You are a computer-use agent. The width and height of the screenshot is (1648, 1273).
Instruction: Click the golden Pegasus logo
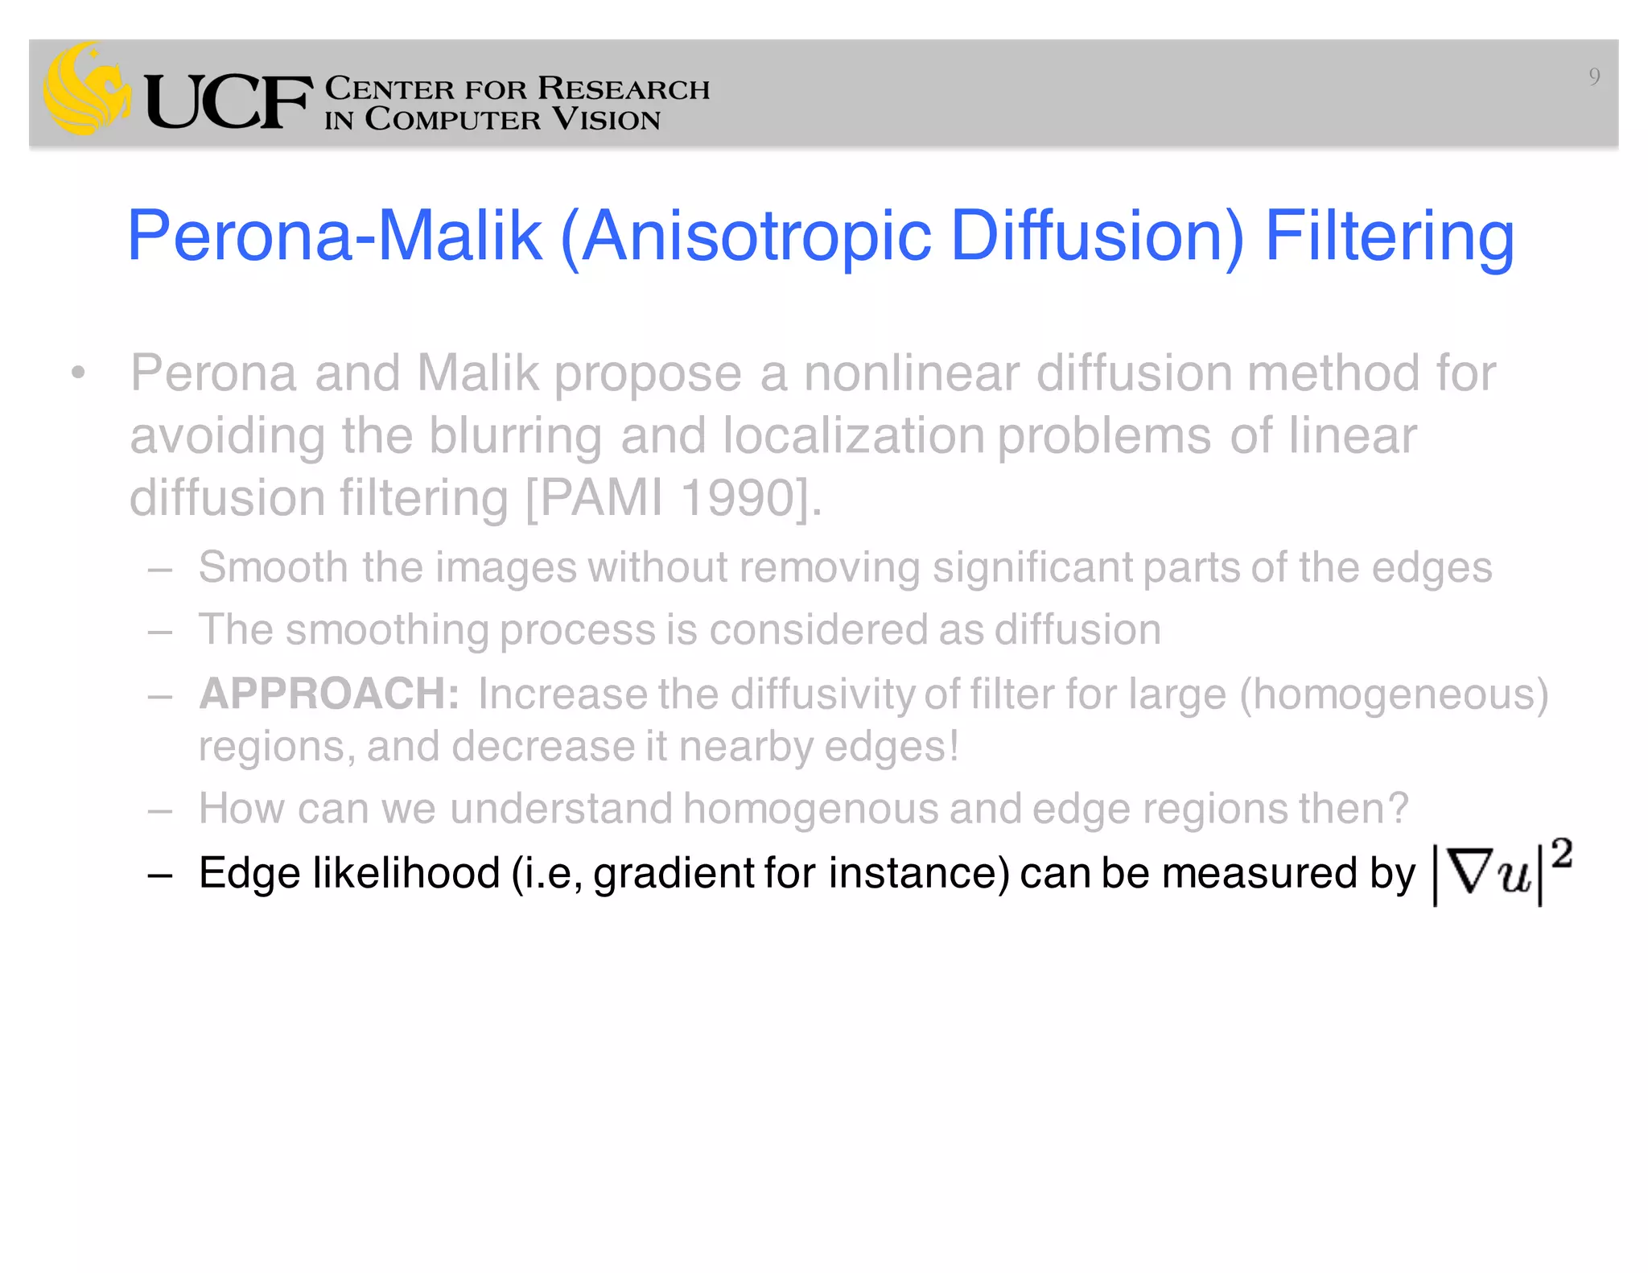click(x=87, y=89)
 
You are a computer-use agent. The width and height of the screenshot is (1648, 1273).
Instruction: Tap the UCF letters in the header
click(x=228, y=102)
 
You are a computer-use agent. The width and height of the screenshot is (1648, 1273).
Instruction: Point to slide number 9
click(x=1593, y=76)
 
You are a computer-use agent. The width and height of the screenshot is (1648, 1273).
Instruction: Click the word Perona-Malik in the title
click(x=334, y=236)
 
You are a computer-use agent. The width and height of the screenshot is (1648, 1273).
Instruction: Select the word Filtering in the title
click(x=1390, y=236)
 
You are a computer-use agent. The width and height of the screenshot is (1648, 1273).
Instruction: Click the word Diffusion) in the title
click(x=1097, y=236)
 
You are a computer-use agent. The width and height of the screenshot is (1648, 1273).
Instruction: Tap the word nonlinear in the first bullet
click(x=911, y=373)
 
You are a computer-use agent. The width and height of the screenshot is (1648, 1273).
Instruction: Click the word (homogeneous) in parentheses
click(x=1393, y=694)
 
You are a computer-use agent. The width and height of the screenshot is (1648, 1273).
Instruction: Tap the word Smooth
click(x=273, y=567)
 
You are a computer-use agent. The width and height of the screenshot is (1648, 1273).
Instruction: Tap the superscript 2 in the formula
click(x=1562, y=853)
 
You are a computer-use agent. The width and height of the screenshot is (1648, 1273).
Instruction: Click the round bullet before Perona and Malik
click(x=77, y=373)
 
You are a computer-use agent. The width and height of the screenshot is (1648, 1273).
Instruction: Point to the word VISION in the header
click(x=606, y=120)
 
